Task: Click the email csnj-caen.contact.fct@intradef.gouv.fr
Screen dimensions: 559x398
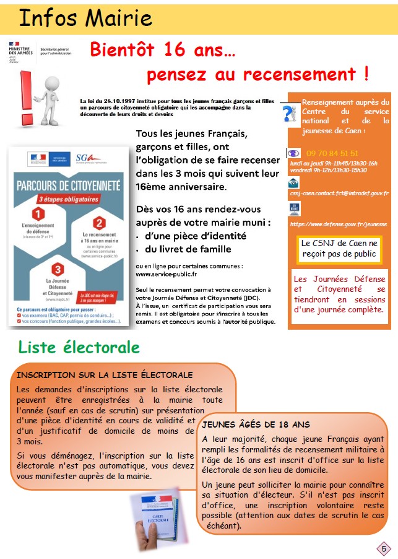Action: pyautogui.click(x=339, y=193)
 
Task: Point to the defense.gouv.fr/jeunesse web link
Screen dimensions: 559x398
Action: pyautogui.click(x=338, y=224)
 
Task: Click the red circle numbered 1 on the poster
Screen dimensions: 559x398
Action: pyautogui.click(x=38, y=214)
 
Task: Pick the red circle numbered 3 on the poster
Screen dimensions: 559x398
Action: pyautogui.click(x=58, y=269)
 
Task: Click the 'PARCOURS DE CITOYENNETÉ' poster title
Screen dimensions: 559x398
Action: pyautogui.click(x=67, y=185)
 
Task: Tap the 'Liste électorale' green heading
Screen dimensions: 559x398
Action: pyautogui.click(x=79, y=347)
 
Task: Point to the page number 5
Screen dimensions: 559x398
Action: pyautogui.click(x=384, y=548)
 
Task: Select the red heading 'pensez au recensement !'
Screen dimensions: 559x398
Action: pyautogui.click(x=257, y=75)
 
